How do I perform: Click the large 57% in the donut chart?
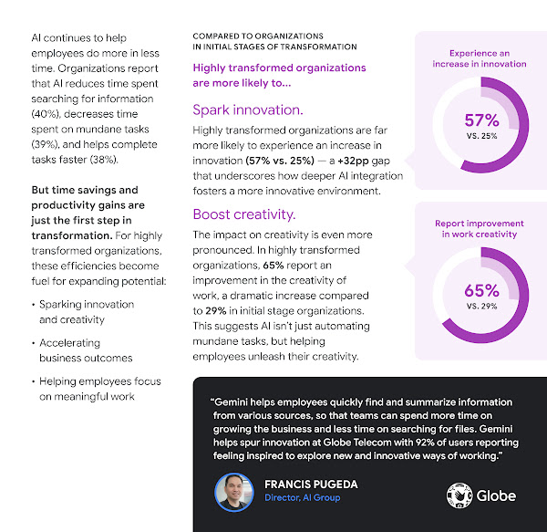[481, 120]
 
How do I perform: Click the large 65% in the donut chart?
[481, 290]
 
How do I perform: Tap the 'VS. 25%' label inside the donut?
[481, 136]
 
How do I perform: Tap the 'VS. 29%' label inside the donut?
[481, 307]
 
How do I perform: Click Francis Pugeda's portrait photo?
[233, 492]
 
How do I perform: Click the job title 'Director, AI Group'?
[304, 498]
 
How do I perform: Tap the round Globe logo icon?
[459, 495]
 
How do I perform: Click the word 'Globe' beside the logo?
[496, 495]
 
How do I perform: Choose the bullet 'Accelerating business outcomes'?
[87, 350]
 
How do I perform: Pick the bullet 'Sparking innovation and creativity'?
[87, 312]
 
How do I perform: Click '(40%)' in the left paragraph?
[49, 110]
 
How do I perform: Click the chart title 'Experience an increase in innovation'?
[481, 58]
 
